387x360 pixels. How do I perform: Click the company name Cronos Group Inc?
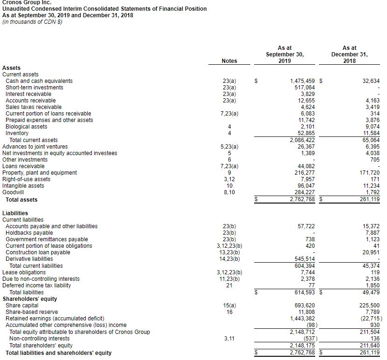[27, 2]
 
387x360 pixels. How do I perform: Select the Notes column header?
[229, 61]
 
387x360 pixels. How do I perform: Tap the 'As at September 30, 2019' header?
[284, 54]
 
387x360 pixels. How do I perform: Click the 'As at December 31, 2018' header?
[349, 54]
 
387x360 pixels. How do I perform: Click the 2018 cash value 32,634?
[371, 81]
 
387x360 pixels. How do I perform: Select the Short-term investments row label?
[35, 88]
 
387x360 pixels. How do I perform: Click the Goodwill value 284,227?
[304, 192]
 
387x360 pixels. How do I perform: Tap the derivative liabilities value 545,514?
[305, 259]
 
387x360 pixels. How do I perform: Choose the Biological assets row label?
[27, 127]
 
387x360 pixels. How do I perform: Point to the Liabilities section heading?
[15, 213]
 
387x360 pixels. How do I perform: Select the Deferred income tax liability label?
[37, 285]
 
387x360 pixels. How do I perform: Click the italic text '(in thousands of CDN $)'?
[33, 22]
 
